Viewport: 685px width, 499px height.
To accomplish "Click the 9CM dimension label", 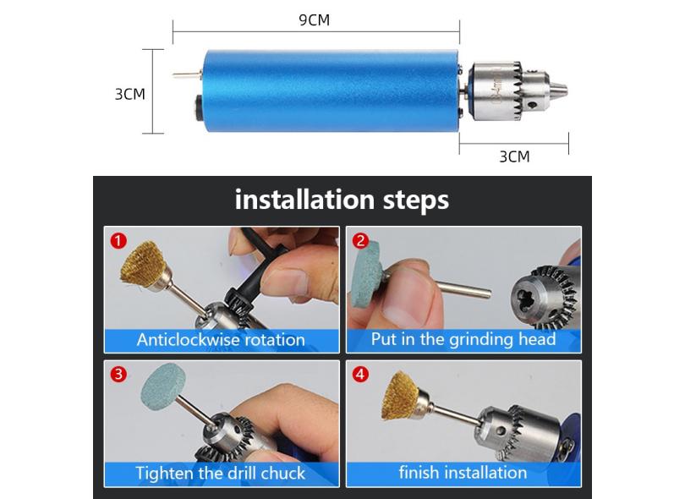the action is (314, 20).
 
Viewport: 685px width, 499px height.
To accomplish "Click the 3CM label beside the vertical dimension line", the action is (129, 94).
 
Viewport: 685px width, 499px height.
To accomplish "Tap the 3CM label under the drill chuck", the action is (514, 156).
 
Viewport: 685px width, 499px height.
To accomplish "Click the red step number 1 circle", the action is (118, 241).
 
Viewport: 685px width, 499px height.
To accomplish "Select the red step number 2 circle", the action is (360, 241).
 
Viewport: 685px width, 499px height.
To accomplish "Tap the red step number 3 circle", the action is (118, 375).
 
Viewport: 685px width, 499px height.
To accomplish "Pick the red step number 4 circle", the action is (360, 375).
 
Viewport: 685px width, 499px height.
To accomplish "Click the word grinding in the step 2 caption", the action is (481, 340).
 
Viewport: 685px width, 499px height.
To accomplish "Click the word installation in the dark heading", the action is (304, 200).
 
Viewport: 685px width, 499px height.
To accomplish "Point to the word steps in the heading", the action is (416, 201).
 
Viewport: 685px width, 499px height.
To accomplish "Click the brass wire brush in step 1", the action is (140, 266).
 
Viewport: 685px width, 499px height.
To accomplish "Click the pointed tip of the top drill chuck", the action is (566, 91).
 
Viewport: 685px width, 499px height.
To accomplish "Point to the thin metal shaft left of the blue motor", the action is (186, 75).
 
